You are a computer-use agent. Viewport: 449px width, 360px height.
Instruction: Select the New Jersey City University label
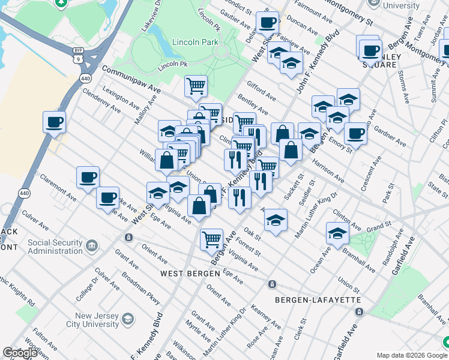click(x=97, y=320)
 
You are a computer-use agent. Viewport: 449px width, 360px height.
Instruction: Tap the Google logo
click(x=20, y=353)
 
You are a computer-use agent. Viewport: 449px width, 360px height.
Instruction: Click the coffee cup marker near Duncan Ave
click(x=267, y=22)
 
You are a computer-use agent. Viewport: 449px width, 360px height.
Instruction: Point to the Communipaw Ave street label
click(x=131, y=79)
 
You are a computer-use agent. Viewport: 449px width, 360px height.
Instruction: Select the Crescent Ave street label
click(x=371, y=174)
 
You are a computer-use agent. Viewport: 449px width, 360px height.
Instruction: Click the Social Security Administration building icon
click(x=91, y=245)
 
